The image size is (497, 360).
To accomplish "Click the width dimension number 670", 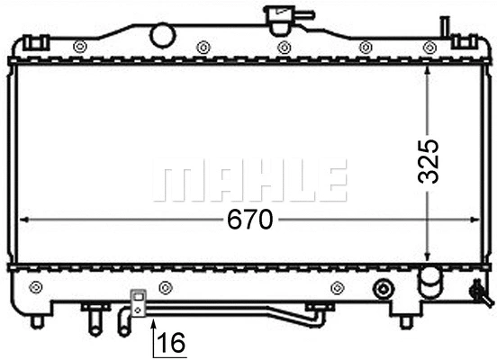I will (x=248, y=220).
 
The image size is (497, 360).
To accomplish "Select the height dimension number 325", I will (x=429, y=161).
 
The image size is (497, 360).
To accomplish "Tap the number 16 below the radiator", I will (x=172, y=342).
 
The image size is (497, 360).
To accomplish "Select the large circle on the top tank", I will (x=162, y=35).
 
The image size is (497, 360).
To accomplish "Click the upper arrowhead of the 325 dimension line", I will (x=429, y=69).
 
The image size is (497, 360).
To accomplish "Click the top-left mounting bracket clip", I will (x=35, y=42).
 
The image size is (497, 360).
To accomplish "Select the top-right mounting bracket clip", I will (x=464, y=41).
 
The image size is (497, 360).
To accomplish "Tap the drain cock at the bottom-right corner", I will (x=478, y=291).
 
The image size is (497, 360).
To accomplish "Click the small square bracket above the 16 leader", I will (x=138, y=301).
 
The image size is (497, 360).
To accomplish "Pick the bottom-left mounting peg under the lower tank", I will (x=37, y=320).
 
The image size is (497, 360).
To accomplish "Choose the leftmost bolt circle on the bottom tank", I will (x=36, y=287).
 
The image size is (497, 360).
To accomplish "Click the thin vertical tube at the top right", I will (x=443, y=27).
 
